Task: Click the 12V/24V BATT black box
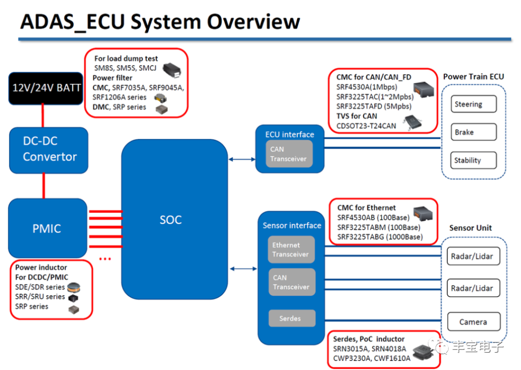point(46,88)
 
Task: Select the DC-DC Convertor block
point(49,150)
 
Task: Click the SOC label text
point(170,220)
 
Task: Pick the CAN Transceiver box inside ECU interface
point(288,154)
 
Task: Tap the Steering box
point(473,104)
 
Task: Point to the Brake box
point(473,132)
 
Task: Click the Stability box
point(473,160)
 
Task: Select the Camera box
point(473,322)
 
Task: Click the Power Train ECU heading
point(473,77)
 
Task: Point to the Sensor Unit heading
point(470,228)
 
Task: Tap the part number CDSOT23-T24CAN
point(366,126)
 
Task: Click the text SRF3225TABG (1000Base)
point(379,237)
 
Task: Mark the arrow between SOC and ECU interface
point(242,159)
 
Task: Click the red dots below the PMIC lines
point(105,259)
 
